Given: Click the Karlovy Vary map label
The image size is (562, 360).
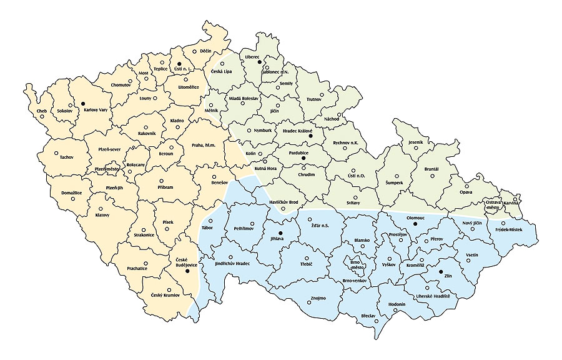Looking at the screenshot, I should pyautogui.click(x=96, y=109).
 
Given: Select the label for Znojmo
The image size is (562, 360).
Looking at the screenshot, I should pyautogui.click(x=318, y=298).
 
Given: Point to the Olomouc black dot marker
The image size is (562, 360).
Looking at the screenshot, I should pyautogui.click(x=415, y=224).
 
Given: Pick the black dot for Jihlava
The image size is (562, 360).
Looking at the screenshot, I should pyautogui.click(x=280, y=232).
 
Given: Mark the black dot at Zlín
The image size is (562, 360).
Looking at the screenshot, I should pyautogui.click(x=441, y=272).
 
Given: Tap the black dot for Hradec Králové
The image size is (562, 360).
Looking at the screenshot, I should pyautogui.click(x=311, y=136).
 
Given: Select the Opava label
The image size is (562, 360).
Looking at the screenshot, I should pyautogui.click(x=466, y=192).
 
